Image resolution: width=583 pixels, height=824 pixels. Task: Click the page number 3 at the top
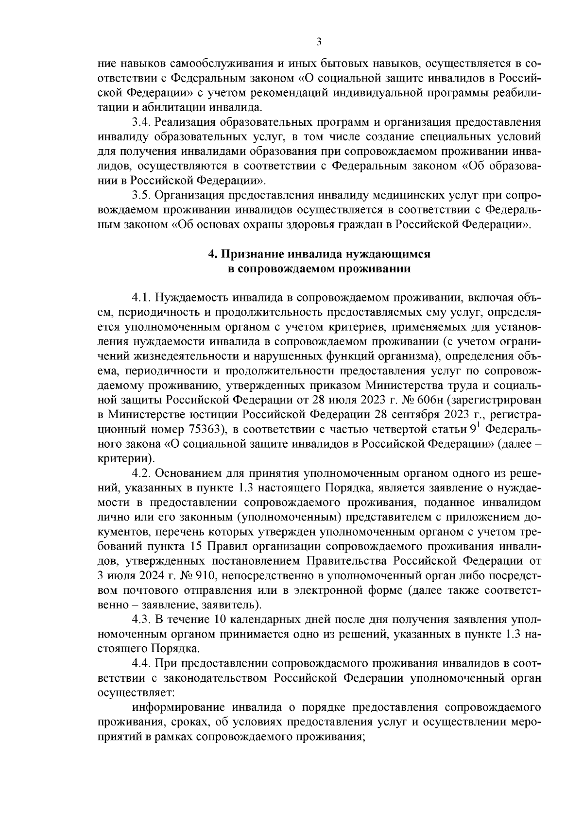pyautogui.click(x=319, y=42)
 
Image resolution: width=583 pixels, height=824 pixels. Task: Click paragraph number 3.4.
pyautogui.click(x=141, y=121)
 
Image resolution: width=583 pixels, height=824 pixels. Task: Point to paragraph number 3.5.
pyautogui.click(x=141, y=196)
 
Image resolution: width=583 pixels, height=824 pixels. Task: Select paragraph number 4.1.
pyautogui.click(x=141, y=297)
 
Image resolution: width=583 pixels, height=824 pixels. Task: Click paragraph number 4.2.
pyautogui.click(x=141, y=473)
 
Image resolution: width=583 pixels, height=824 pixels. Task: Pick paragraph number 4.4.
pyautogui.click(x=141, y=664)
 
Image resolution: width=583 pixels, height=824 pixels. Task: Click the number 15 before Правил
pyautogui.click(x=197, y=546)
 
